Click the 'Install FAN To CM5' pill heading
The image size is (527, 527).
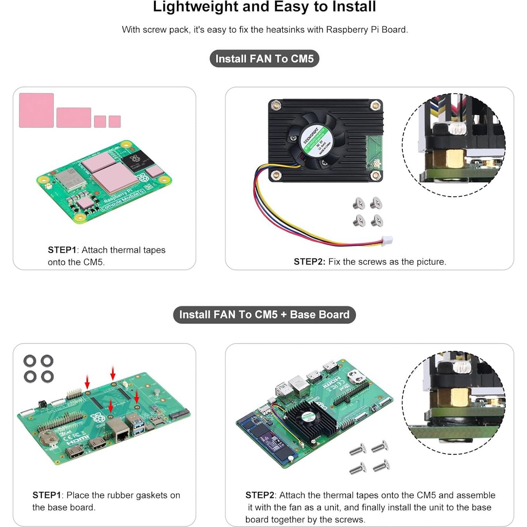tap(264, 59)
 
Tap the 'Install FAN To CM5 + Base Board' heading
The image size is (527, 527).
tap(264, 315)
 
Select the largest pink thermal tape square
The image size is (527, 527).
tap(36, 110)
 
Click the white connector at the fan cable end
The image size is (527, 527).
tap(387, 240)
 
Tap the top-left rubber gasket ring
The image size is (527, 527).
tap(30, 361)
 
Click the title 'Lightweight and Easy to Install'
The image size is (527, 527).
tap(264, 7)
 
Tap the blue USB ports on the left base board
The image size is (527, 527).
tap(138, 426)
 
